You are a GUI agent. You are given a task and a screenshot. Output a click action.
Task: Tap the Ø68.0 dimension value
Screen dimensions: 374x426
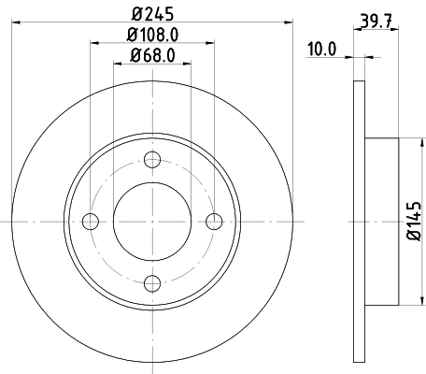tap(153, 54)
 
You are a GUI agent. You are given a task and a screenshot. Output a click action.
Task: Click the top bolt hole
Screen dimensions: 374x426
tap(153, 159)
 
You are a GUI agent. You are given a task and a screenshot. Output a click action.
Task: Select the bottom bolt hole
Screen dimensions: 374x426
tap(153, 281)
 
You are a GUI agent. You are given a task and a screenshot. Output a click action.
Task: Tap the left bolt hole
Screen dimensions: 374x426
tap(91, 221)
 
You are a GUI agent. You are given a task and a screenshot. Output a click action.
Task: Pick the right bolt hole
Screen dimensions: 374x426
tap(215, 221)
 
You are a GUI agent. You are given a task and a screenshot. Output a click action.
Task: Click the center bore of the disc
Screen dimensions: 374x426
tap(153, 221)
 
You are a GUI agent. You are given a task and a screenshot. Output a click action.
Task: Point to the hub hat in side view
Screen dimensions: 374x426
tap(382, 221)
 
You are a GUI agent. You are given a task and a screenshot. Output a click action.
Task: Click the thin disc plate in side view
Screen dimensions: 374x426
tap(359, 221)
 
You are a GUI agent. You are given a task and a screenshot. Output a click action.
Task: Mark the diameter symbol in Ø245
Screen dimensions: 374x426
tap(135, 12)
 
